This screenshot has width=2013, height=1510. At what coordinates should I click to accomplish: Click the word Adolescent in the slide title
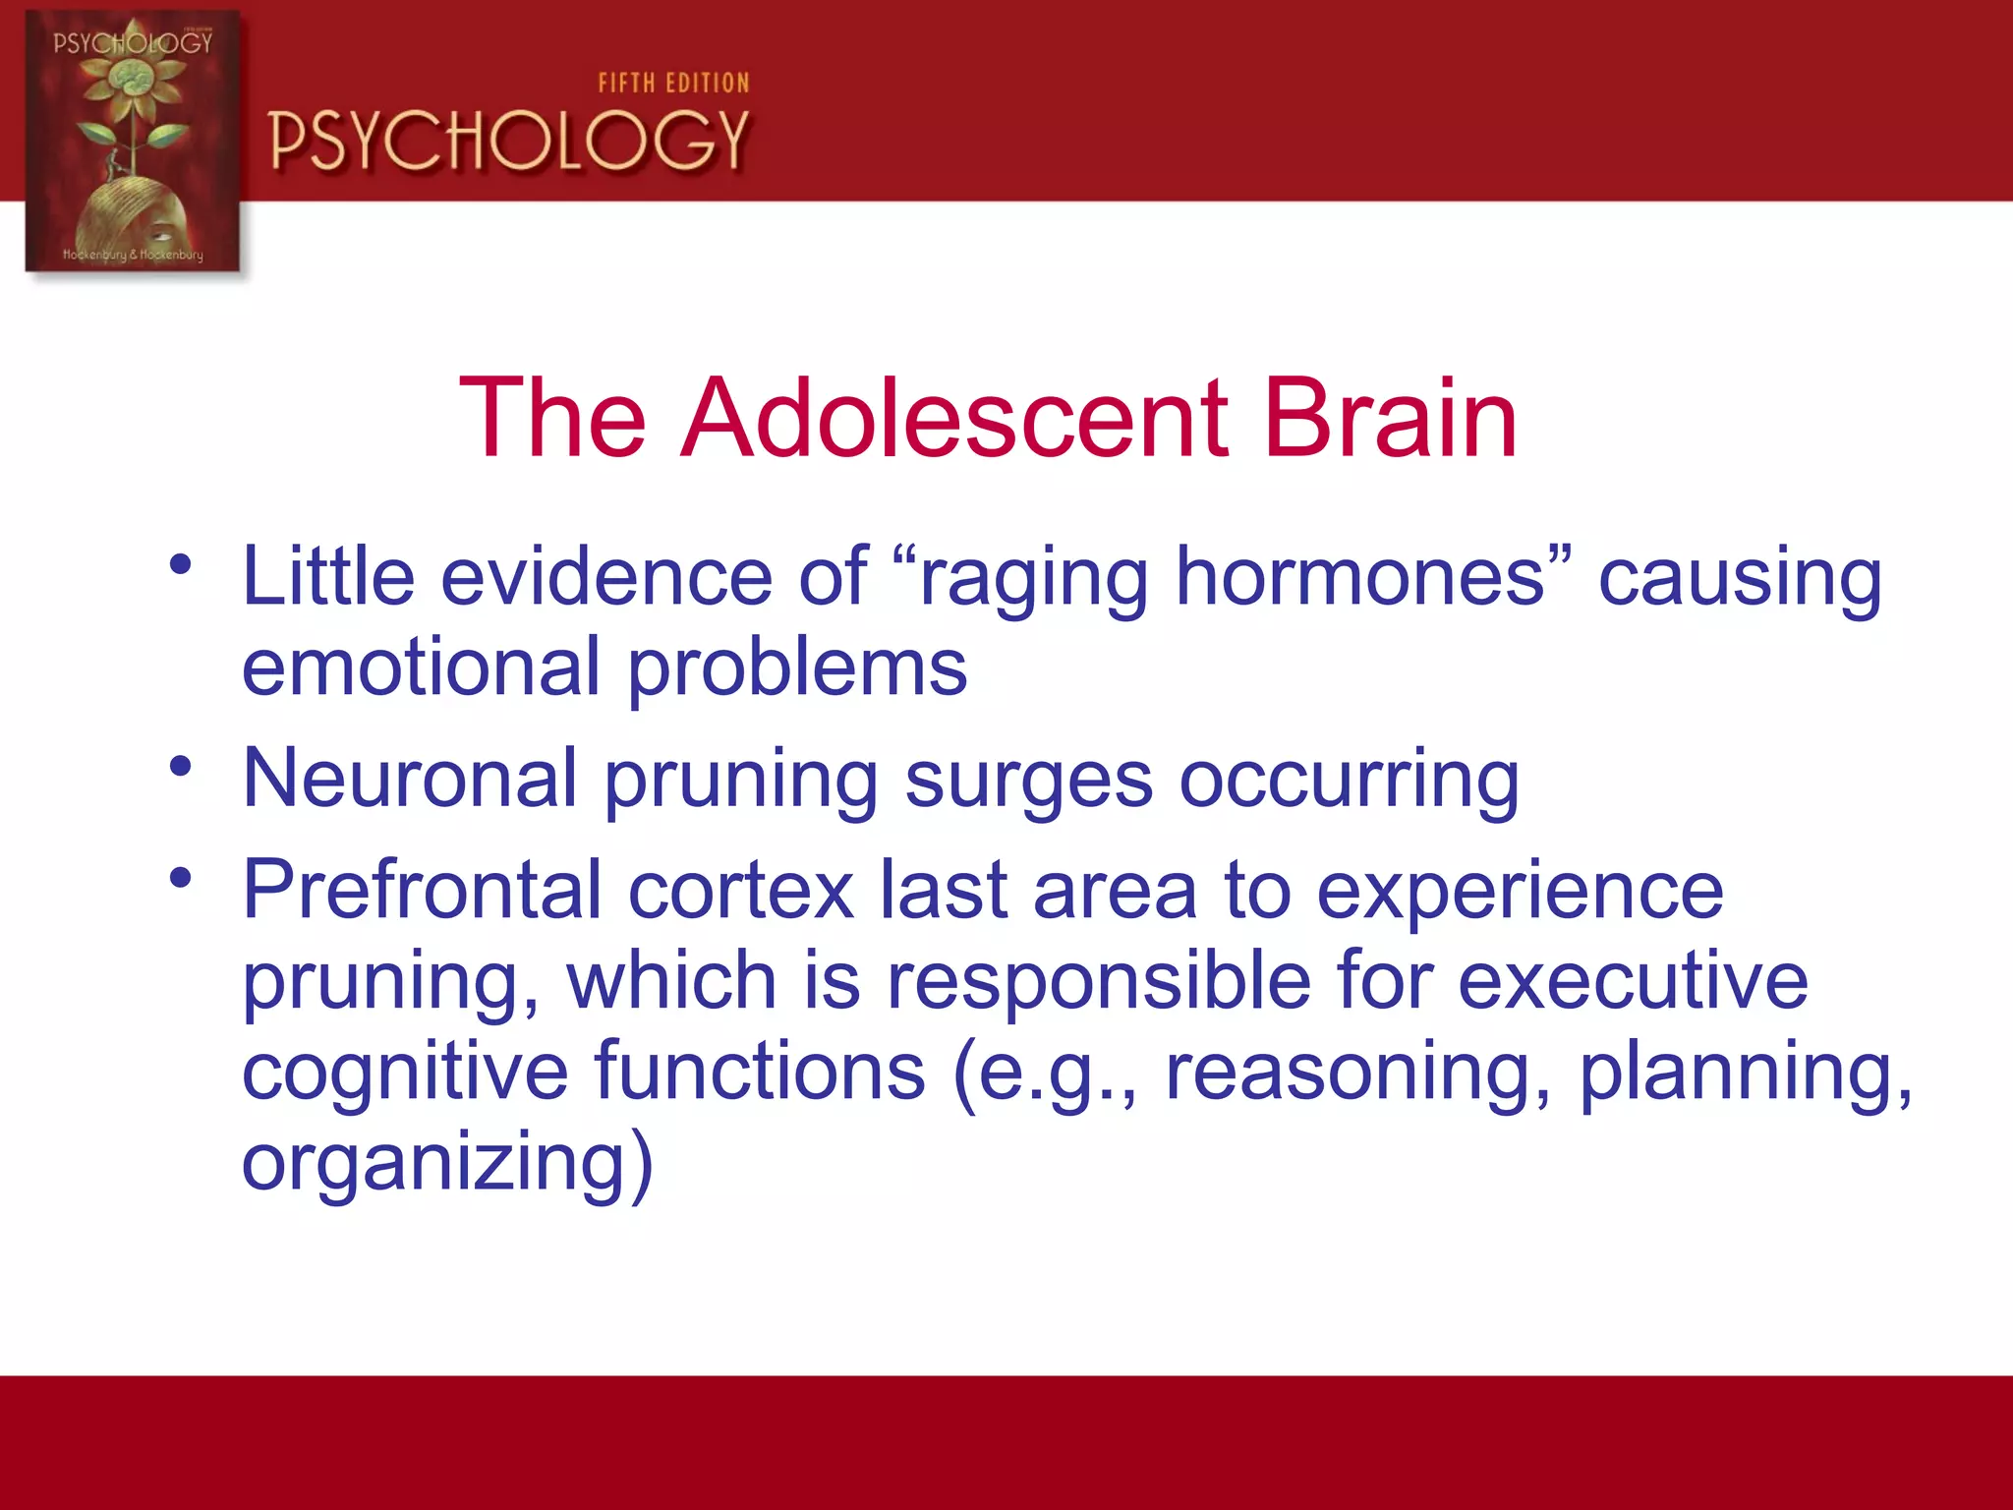coord(953,419)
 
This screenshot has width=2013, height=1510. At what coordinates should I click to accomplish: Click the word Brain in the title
coord(1390,419)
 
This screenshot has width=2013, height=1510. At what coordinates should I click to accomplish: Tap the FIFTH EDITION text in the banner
coord(673,84)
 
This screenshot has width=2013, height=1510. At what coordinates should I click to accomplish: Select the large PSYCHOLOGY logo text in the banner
coord(509,141)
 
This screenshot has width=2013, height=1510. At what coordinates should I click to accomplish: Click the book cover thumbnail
coord(133,141)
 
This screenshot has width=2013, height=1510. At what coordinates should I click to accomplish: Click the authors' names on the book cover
coord(133,255)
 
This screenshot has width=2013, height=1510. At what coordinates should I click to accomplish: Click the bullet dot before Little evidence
coord(180,564)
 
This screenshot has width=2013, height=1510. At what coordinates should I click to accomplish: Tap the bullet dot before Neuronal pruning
coord(180,766)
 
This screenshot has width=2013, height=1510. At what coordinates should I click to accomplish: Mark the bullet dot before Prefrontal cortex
coord(180,877)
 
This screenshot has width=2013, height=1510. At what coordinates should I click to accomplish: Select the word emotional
coord(421,668)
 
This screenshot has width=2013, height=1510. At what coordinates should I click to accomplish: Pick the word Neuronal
coord(409,779)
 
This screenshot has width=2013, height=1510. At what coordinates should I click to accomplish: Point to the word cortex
coord(740,892)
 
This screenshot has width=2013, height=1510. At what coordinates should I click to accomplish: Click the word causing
coord(1740,580)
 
